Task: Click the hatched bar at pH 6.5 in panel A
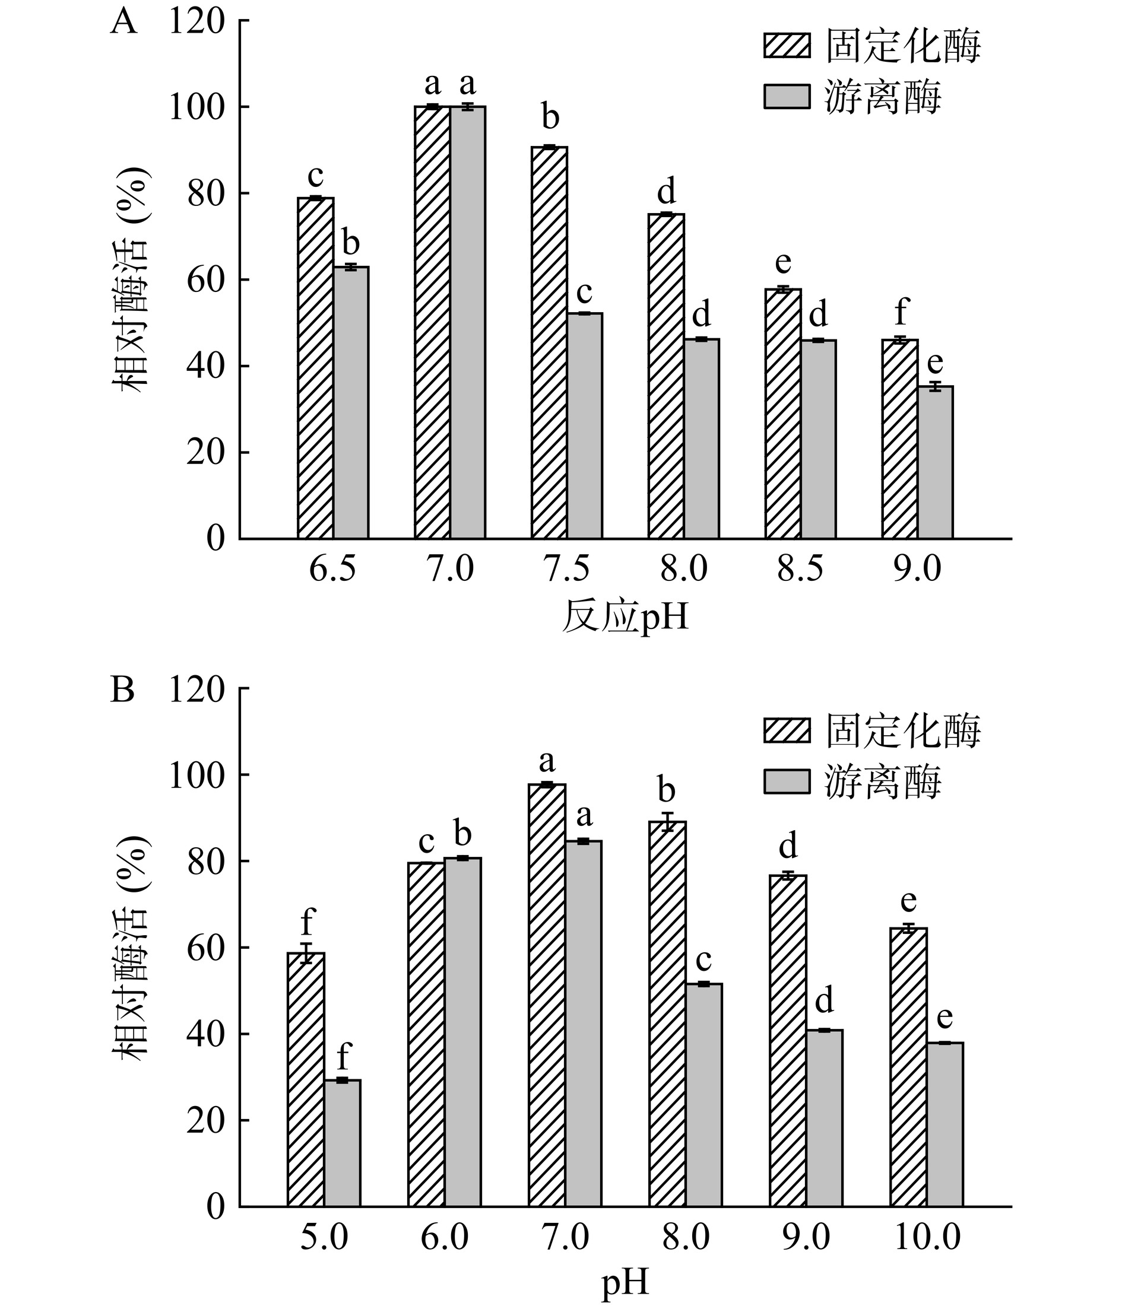[315, 368]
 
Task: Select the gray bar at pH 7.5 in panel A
[585, 426]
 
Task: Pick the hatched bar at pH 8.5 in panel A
[783, 414]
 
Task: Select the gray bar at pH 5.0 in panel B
[343, 1143]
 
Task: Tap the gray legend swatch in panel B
[787, 781]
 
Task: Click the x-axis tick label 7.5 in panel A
[566, 570]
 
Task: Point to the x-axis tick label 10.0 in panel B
[927, 1237]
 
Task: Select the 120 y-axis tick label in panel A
[196, 22]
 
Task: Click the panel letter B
[122, 690]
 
